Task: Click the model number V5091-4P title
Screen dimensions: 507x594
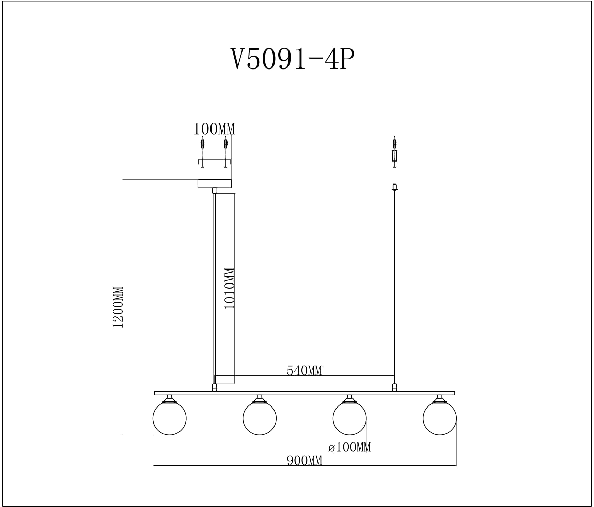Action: coord(292,59)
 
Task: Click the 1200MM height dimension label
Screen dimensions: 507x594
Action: coord(118,307)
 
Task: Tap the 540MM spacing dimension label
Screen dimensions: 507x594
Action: coord(304,370)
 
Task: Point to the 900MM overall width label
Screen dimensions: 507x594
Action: coord(304,460)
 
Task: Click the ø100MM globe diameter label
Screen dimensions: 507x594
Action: coord(350,447)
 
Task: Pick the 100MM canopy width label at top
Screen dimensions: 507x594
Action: coord(214,129)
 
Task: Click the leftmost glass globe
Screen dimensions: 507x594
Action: coord(169,418)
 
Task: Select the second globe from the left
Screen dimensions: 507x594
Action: coord(260,418)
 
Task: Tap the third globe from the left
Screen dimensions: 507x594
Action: coord(349,418)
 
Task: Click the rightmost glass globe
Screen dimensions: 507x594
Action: coord(439,418)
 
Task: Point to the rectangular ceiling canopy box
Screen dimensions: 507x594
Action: coord(215,184)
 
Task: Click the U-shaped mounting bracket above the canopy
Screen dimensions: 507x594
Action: coord(215,160)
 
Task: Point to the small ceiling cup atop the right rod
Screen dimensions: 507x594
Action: coord(395,187)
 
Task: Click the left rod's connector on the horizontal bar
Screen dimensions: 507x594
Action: coord(215,387)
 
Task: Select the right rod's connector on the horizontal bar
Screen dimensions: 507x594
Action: coord(395,387)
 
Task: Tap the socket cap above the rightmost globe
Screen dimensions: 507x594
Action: coord(439,399)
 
